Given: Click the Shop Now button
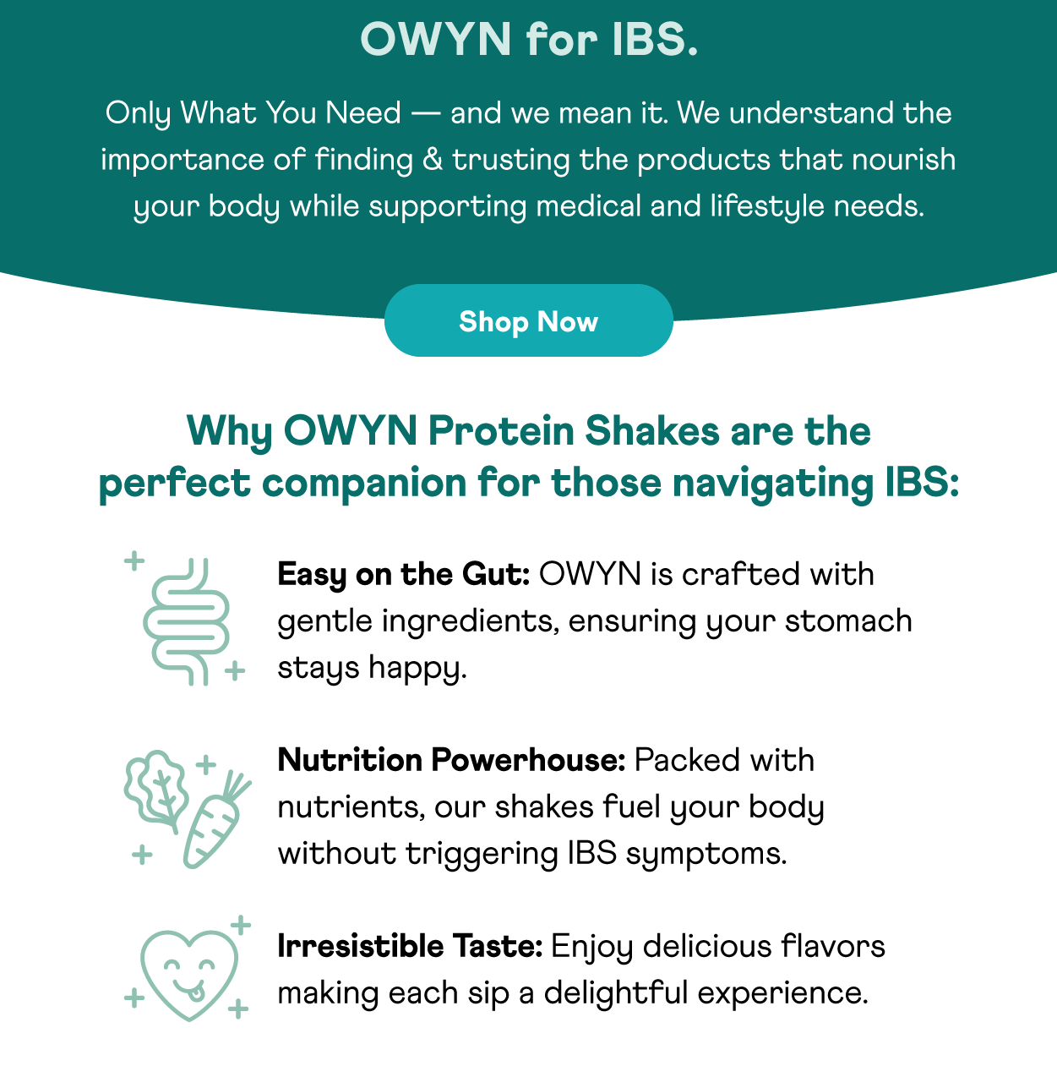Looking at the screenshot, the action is pyautogui.click(x=529, y=320).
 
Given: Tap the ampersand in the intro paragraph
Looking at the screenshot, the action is pyautogui.click(x=433, y=159).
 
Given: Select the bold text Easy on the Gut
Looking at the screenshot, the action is pyautogui.click(x=403, y=575).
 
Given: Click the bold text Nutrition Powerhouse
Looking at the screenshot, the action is pyautogui.click(x=451, y=760).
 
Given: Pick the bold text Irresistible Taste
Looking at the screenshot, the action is pyautogui.click(x=410, y=947).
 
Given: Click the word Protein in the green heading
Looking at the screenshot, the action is pyautogui.click(x=501, y=431).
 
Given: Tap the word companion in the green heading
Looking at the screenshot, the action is pyautogui.click(x=363, y=483).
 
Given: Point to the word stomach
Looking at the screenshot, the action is pyautogui.click(x=848, y=621).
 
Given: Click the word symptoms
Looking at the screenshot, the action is pyautogui.click(x=706, y=855).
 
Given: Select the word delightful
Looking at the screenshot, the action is pyautogui.click(x=616, y=993).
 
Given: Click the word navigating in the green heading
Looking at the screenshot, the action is pyautogui.click(x=773, y=483).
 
